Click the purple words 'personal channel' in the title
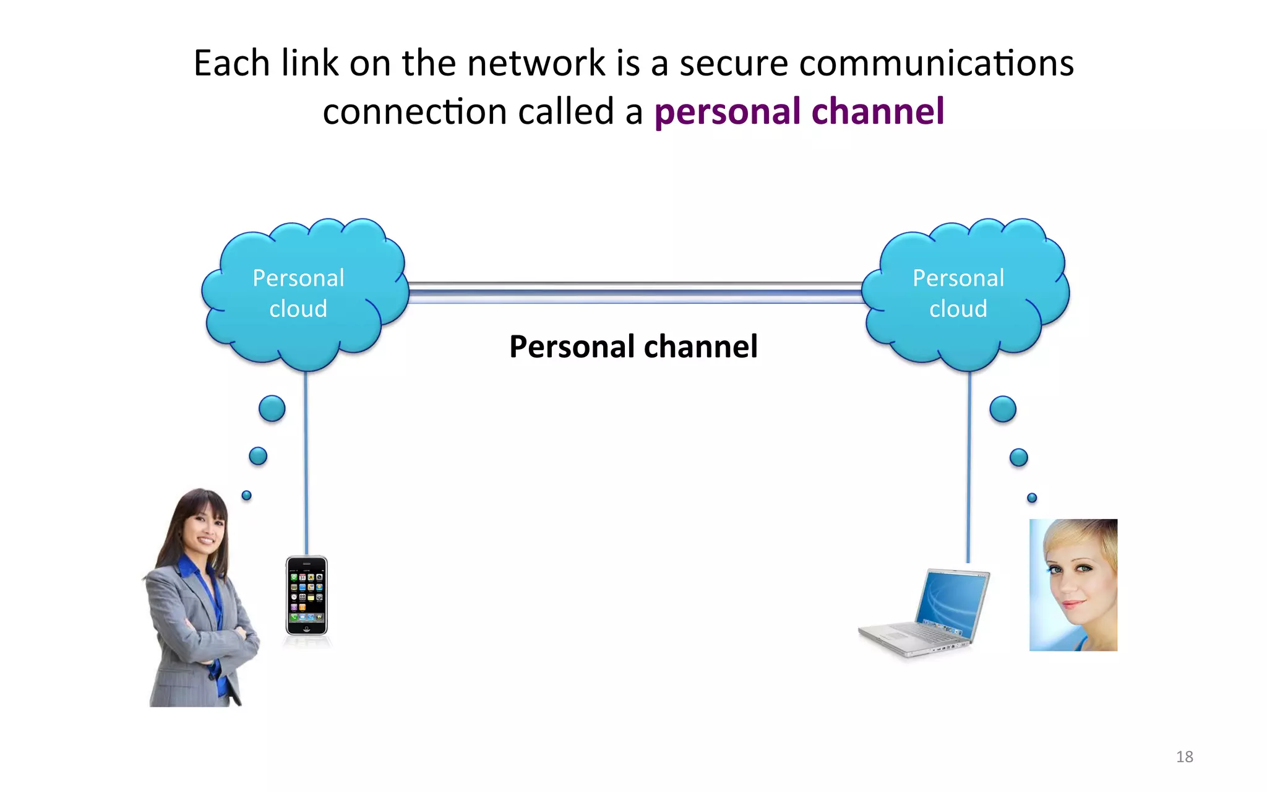click(x=799, y=112)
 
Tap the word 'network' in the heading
click(x=536, y=63)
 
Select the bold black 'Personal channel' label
click(x=633, y=346)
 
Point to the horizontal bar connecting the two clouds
click(x=634, y=293)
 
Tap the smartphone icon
click(x=306, y=595)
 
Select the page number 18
click(x=1184, y=757)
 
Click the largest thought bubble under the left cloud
click(x=272, y=408)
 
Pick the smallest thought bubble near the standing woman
click(x=246, y=495)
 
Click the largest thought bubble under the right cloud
click(x=1002, y=409)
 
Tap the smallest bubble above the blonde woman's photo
click(x=1031, y=497)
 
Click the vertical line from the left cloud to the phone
click(x=306, y=464)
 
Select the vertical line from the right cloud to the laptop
click(x=969, y=464)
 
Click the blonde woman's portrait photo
click(x=1073, y=585)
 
